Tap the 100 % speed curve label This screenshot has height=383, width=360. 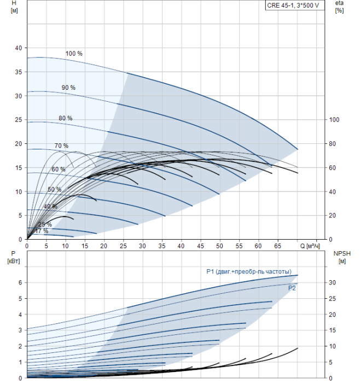pyautogui.click(x=74, y=54)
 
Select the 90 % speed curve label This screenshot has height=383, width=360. pyautogui.click(x=69, y=88)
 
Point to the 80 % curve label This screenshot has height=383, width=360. pyautogui.click(x=65, y=118)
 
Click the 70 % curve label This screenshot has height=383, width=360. pyautogui.click(x=61, y=146)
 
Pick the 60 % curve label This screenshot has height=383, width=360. pyautogui.click(x=58, y=170)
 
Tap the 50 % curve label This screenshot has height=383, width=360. pyautogui.click(x=54, y=189)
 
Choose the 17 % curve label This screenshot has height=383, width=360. pyautogui.click(x=42, y=231)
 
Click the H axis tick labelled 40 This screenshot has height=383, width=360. pyautogui.click(x=18, y=48)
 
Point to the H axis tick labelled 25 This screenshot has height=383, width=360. pyautogui.click(x=18, y=120)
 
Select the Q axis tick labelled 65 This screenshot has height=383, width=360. pyautogui.click(x=277, y=246)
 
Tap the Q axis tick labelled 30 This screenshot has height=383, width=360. pyautogui.click(x=143, y=246)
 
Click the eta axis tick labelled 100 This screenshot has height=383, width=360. pyautogui.click(x=334, y=120)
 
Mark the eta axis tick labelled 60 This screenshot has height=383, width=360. pyautogui.click(x=333, y=168)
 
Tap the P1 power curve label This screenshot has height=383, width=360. pyautogui.click(x=248, y=271)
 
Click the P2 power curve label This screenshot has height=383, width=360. pyautogui.click(x=292, y=287)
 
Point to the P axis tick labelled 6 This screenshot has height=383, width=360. pyautogui.click(x=20, y=282)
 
